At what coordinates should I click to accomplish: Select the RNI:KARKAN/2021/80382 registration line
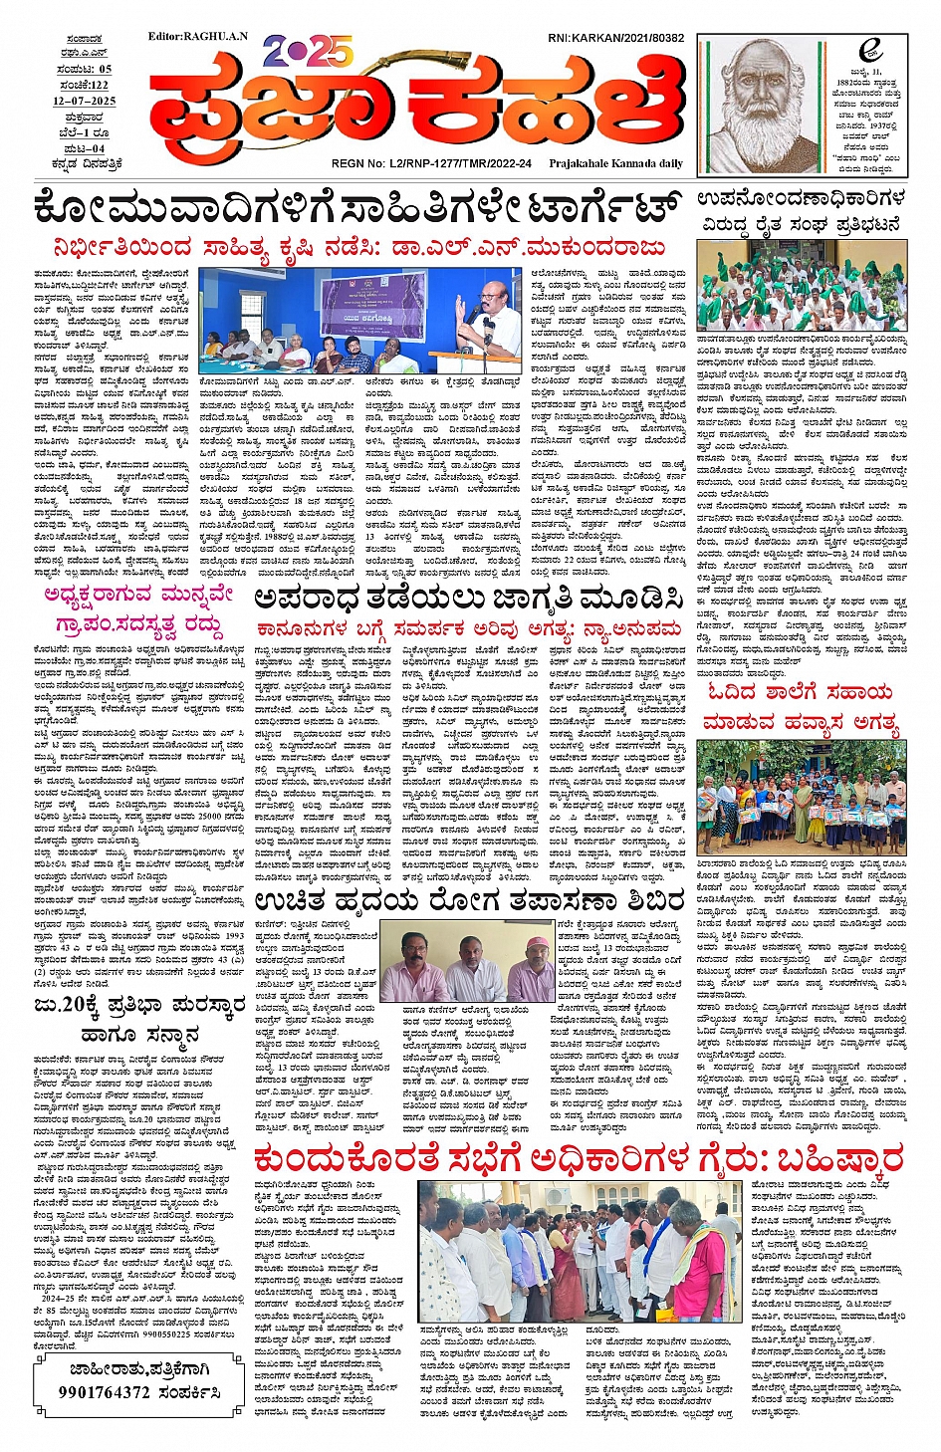click(x=615, y=39)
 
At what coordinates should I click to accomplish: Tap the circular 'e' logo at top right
click(x=871, y=51)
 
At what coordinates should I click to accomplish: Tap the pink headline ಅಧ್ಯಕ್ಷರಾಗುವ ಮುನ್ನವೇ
click(x=138, y=596)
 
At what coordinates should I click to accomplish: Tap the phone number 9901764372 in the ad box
click(x=138, y=1392)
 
